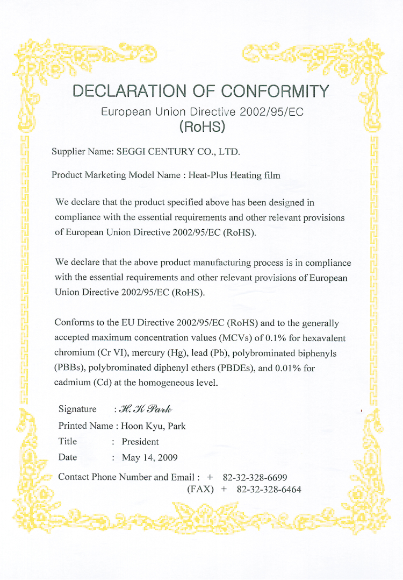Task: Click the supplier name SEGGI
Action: click(x=133, y=152)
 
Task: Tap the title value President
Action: click(x=140, y=442)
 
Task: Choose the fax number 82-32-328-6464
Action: click(x=269, y=490)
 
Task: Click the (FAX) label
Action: click(x=200, y=490)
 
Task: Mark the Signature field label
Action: click(x=77, y=409)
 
